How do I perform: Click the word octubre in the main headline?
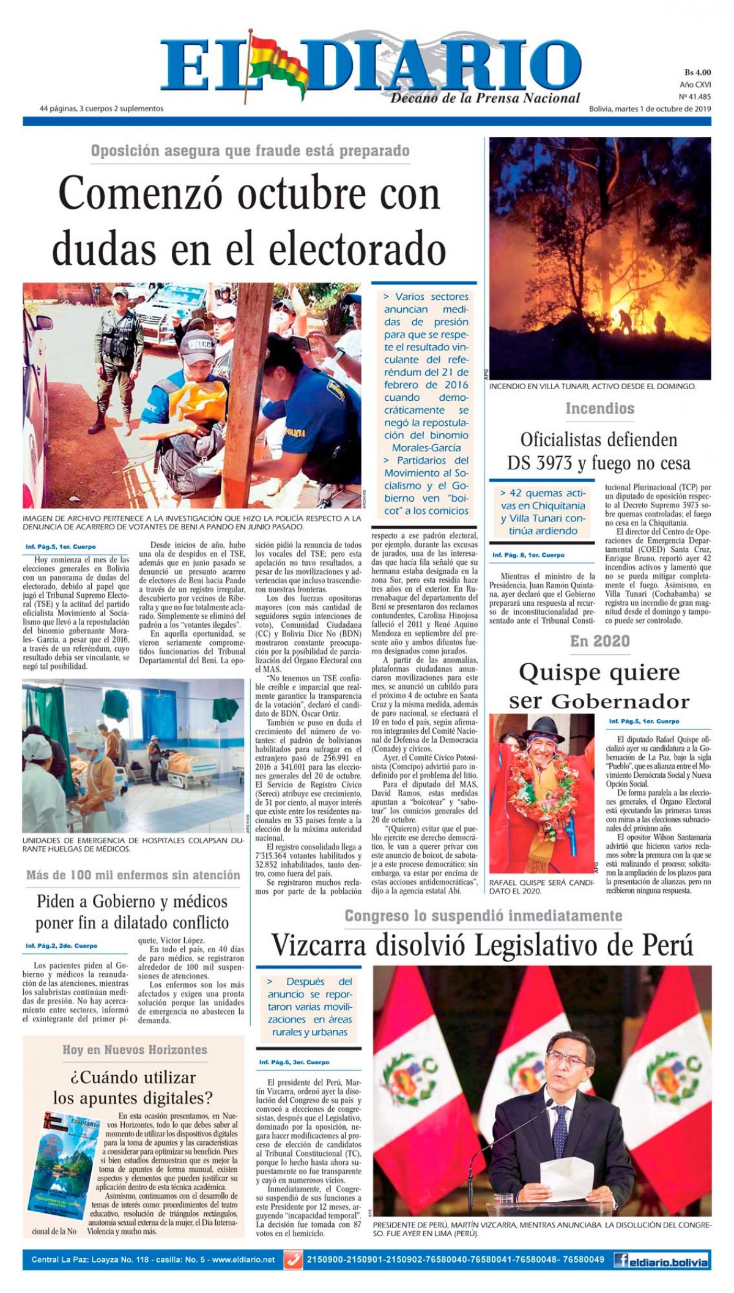pyautogui.click(x=301, y=195)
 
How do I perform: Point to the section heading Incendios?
pyautogui.click(x=599, y=408)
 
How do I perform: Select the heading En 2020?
pyautogui.click(x=599, y=641)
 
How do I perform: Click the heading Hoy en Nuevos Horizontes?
pyautogui.click(x=135, y=1049)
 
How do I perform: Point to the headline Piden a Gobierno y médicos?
pyautogui.click(x=132, y=901)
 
